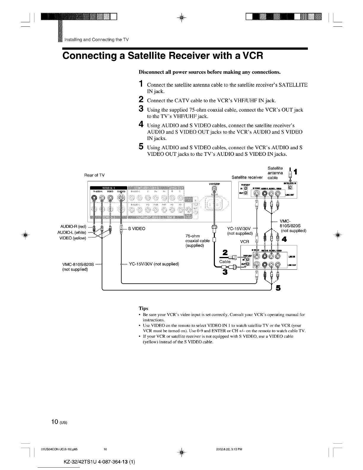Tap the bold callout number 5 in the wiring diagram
278,288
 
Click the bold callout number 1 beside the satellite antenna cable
297,172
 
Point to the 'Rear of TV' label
94,175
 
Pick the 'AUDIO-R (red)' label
73,227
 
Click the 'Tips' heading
144,308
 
